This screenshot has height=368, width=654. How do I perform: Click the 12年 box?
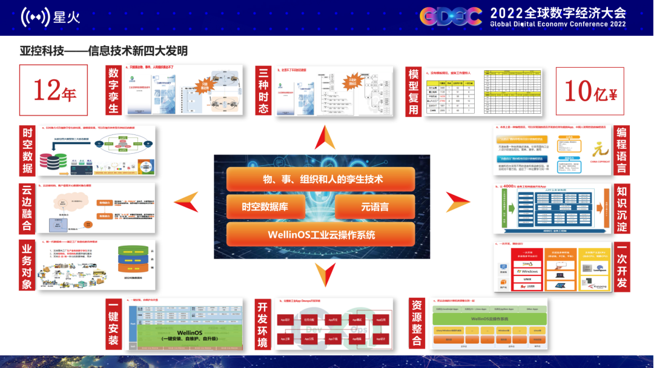(54, 91)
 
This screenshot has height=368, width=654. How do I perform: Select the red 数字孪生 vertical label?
(114, 90)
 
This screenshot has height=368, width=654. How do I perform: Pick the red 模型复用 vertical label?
(414, 91)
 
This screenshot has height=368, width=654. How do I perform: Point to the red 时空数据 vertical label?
(27, 149)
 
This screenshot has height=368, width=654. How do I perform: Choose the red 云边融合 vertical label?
(27, 208)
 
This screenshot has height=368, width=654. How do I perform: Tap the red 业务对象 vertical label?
(27, 266)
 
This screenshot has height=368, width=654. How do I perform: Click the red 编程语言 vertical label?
(622, 149)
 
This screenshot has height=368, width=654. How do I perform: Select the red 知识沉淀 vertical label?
(622, 208)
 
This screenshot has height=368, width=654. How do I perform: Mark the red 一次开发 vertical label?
(622, 266)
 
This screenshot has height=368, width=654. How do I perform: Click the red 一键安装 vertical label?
(113, 324)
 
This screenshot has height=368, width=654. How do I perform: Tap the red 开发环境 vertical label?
(263, 324)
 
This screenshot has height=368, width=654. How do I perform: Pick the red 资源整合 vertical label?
(416, 324)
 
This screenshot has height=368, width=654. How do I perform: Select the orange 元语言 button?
(375, 206)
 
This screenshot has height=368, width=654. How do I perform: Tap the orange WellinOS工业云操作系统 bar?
(321, 234)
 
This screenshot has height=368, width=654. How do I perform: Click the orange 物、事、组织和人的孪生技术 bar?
(321, 179)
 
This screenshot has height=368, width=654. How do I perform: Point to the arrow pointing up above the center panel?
(325, 137)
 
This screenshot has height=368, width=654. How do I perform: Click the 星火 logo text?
(67, 18)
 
